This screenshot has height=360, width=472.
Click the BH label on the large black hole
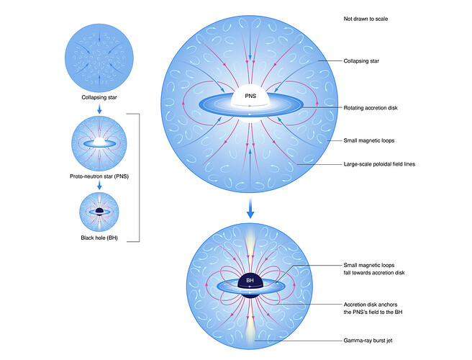coord(249,279)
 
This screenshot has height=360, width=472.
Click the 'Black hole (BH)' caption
coord(95,238)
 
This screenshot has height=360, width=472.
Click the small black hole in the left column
coord(95,211)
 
